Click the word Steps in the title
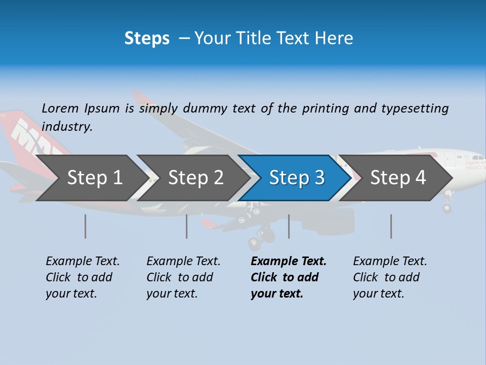click(x=147, y=39)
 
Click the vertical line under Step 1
click(x=86, y=226)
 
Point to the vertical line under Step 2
click(x=187, y=226)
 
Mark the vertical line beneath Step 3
click(x=289, y=226)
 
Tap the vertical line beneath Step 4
click(x=391, y=226)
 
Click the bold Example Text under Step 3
click(x=289, y=277)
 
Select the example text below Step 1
click(x=83, y=277)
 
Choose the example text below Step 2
click(x=183, y=277)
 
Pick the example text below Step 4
click(x=390, y=277)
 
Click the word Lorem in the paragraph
click(x=60, y=108)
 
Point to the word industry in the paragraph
click(x=66, y=127)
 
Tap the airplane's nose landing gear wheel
click(x=447, y=208)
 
